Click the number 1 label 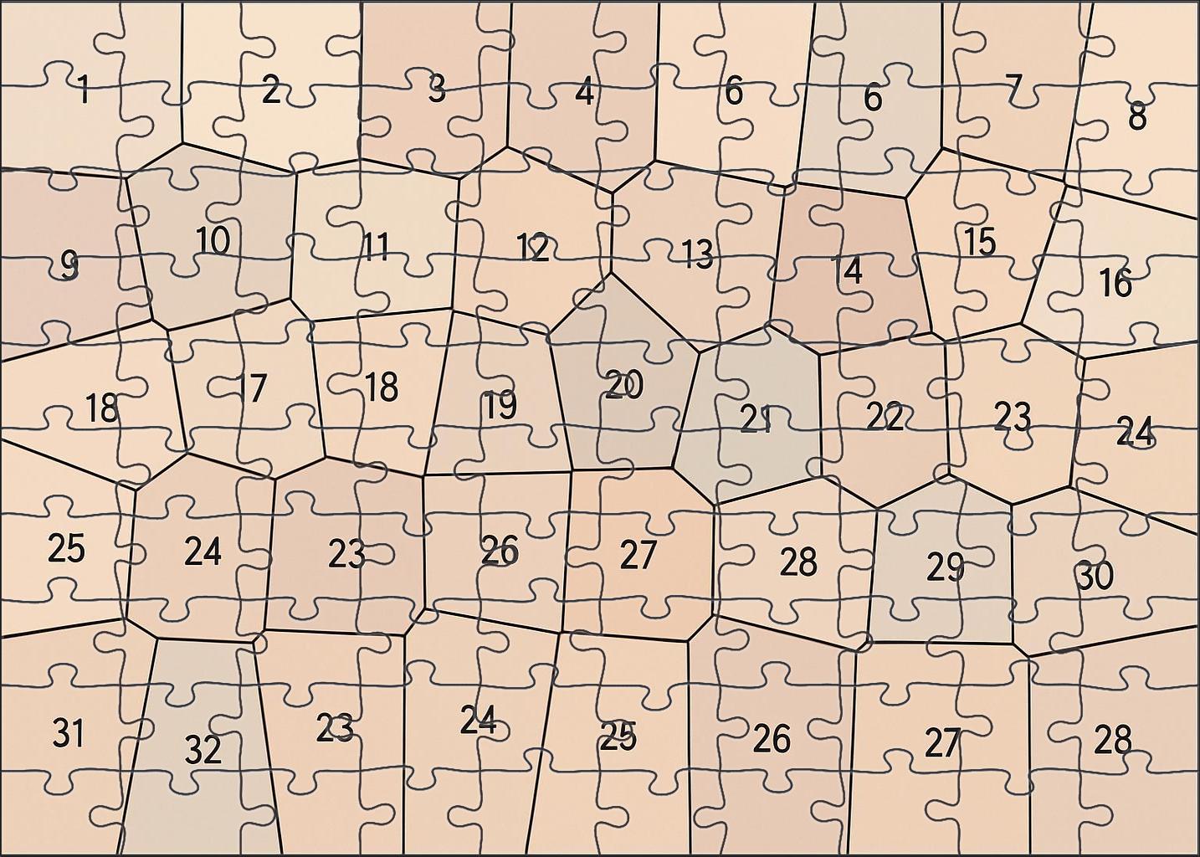pyautogui.click(x=82, y=89)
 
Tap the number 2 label pyautogui.click(x=270, y=90)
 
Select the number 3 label pyautogui.click(x=436, y=88)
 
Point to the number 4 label pyautogui.click(x=584, y=92)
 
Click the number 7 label pyautogui.click(x=1013, y=86)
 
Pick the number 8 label pyautogui.click(x=1136, y=116)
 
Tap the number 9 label pyautogui.click(x=69, y=266)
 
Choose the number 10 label pyautogui.click(x=213, y=241)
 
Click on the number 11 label pyautogui.click(x=376, y=247)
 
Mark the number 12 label pyautogui.click(x=532, y=249)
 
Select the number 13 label pyautogui.click(x=696, y=254)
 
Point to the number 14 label pyautogui.click(x=847, y=270)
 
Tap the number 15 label pyautogui.click(x=979, y=242)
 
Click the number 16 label pyautogui.click(x=1115, y=284)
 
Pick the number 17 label pyautogui.click(x=251, y=388)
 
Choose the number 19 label pyautogui.click(x=500, y=406)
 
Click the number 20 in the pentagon pyautogui.click(x=624, y=386)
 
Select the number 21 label pyautogui.click(x=756, y=418)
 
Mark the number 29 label pyautogui.click(x=945, y=568)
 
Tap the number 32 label pyautogui.click(x=203, y=751)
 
